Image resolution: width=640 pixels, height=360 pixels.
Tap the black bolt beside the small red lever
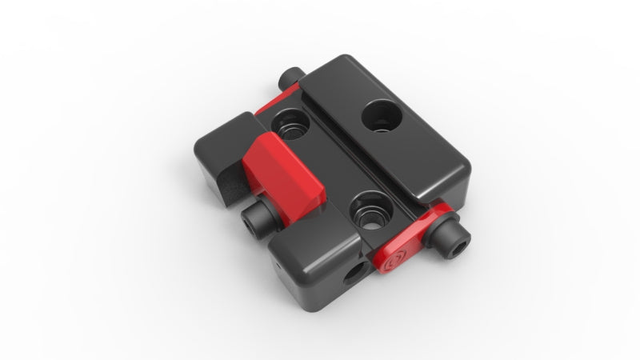click(452, 241)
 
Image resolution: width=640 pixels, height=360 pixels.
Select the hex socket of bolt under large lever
click(250, 222)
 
